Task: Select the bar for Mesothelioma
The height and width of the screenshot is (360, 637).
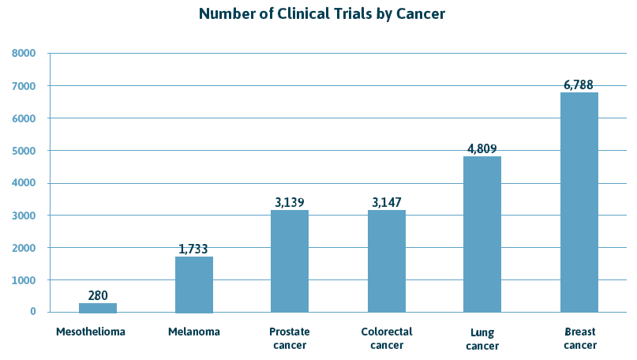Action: pyautogui.click(x=97, y=308)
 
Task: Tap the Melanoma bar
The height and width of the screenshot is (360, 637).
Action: pyautogui.click(x=194, y=284)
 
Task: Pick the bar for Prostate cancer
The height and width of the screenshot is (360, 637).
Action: pyautogui.click(x=290, y=261)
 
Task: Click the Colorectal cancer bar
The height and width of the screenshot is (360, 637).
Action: pyautogui.click(x=387, y=261)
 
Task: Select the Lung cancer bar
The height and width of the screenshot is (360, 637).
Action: pyautogui.click(x=482, y=234)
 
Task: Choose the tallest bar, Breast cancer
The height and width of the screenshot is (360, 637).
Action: pyautogui.click(x=579, y=202)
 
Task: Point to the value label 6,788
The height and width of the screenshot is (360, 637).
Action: pyautogui.click(x=579, y=84)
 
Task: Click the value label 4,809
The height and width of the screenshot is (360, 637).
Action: pyautogui.click(x=482, y=148)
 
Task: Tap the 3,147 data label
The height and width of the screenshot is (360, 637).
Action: pyautogui.click(x=387, y=202)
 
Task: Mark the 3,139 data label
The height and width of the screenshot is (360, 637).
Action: pyautogui.click(x=290, y=202)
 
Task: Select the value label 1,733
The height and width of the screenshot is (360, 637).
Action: pyautogui.click(x=194, y=249)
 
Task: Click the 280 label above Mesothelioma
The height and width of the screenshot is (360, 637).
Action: pyautogui.click(x=97, y=295)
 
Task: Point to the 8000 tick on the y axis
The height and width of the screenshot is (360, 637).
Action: pyautogui.click(x=24, y=54)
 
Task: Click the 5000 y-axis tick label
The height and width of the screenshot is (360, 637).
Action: pyautogui.click(x=24, y=151)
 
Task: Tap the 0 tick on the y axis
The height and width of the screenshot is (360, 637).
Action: pyautogui.click(x=33, y=312)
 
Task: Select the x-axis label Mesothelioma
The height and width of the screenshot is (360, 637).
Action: pyautogui.click(x=91, y=332)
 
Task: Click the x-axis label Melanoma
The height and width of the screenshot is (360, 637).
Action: pyautogui.click(x=194, y=332)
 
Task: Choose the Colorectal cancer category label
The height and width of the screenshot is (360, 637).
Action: pyautogui.click(x=387, y=338)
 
